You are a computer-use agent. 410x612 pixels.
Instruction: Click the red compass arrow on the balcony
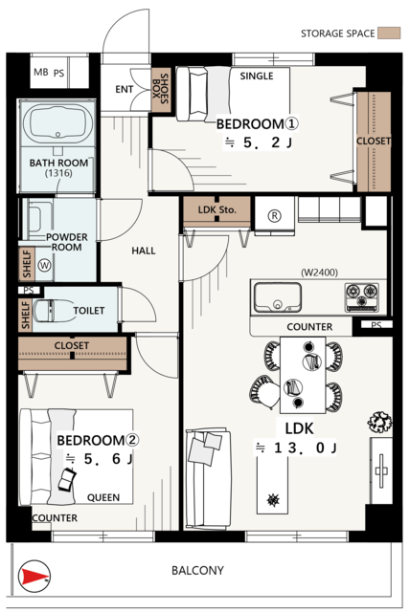click(x=34, y=576)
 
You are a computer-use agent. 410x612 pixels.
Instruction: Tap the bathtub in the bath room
click(x=57, y=123)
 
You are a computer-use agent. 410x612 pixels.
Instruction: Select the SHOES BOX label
click(x=161, y=89)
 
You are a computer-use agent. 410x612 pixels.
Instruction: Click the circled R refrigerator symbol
click(x=275, y=215)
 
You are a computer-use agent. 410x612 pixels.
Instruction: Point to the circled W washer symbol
click(x=45, y=266)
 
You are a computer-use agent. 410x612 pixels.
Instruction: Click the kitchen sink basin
click(x=278, y=297)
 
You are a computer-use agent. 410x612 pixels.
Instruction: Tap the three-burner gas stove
click(x=362, y=297)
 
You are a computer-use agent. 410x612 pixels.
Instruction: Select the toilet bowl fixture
click(x=54, y=311)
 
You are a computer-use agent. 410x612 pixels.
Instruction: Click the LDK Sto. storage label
click(x=216, y=210)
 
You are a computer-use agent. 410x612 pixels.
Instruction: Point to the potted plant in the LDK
click(x=379, y=422)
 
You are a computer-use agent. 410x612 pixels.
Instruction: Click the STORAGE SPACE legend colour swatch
click(x=389, y=33)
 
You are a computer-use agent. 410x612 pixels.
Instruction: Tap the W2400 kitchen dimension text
click(x=319, y=272)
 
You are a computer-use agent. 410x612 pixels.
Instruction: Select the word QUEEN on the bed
click(x=103, y=497)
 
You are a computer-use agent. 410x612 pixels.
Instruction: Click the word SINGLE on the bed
click(x=257, y=76)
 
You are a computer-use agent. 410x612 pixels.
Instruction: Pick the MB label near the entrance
click(x=41, y=73)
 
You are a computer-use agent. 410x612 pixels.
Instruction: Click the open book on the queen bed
click(x=67, y=480)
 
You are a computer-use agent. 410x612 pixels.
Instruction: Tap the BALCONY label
click(x=197, y=571)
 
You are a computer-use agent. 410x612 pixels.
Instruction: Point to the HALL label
click(x=144, y=251)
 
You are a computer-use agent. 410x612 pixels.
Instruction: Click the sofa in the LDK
click(x=208, y=479)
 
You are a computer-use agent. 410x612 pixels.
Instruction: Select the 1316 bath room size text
click(x=58, y=173)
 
